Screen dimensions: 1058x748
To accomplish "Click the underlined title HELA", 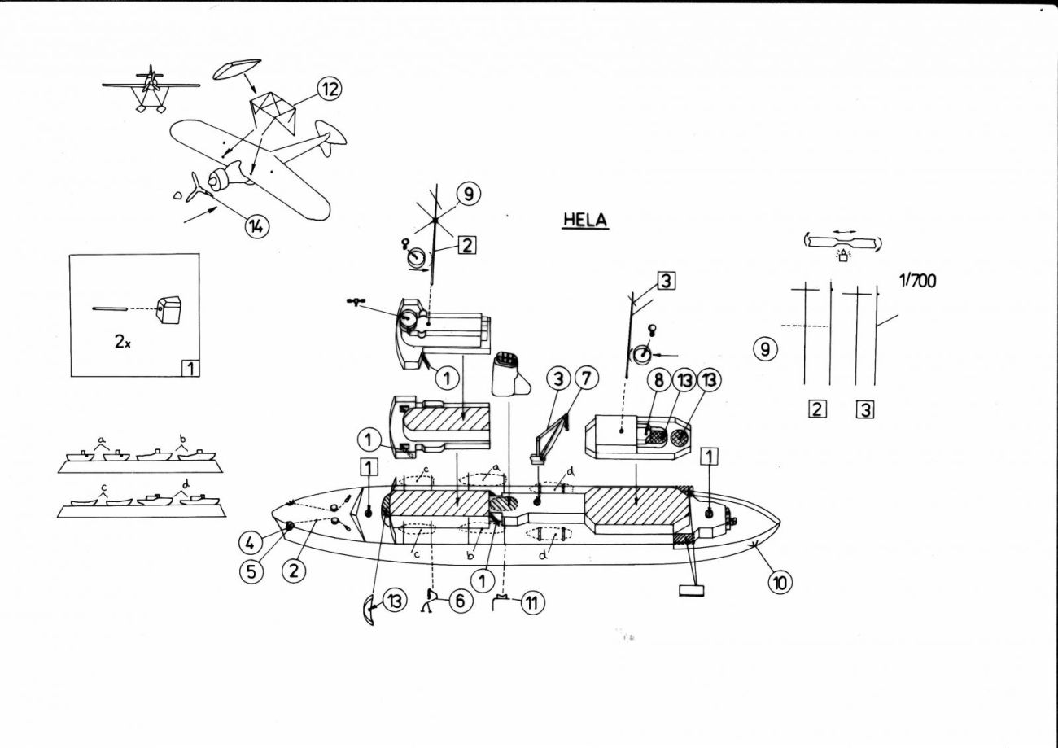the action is [x=585, y=220].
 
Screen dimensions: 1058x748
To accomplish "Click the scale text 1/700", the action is [x=917, y=281].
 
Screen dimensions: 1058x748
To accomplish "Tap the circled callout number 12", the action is [x=330, y=89].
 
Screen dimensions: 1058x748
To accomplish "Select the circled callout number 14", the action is [x=256, y=226].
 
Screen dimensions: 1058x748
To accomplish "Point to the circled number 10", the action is [x=780, y=584].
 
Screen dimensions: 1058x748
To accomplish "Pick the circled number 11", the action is [x=532, y=602].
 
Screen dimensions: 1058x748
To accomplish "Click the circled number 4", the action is [x=250, y=543].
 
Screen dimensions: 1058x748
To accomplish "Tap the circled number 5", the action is [x=251, y=571].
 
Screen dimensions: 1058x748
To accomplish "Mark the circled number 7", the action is [x=586, y=378].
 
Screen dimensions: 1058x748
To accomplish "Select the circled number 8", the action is [x=659, y=380].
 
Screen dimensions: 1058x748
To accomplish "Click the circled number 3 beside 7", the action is [x=559, y=378].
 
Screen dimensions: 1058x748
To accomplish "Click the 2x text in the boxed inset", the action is [x=123, y=342].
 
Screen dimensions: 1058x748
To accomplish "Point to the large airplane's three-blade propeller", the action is [x=199, y=188].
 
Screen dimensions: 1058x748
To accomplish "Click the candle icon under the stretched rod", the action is [x=843, y=256].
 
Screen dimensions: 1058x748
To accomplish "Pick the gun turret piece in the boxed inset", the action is [x=169, y=310].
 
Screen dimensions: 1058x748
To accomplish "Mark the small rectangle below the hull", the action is [x=691, y=590].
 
